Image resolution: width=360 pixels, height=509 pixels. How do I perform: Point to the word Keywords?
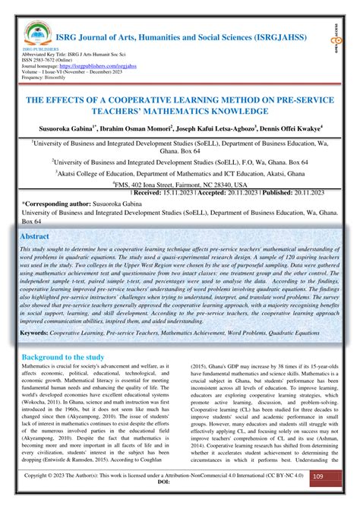pyautogui.click(x=38, y=333)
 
